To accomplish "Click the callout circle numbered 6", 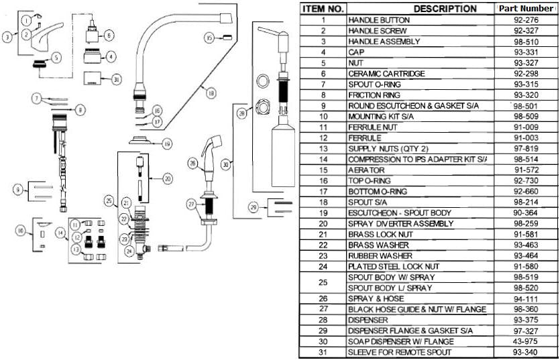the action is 109,36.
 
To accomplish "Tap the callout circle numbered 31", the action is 116,80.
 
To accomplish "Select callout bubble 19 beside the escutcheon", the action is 167,144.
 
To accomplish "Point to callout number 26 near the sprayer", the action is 193,164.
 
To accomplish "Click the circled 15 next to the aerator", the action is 210,38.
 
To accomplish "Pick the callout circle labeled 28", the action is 243,114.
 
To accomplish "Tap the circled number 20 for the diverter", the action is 168,178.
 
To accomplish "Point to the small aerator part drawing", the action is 227,38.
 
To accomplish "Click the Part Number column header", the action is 525,8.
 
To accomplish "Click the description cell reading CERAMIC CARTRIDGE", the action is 387,74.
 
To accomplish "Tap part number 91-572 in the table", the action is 526,170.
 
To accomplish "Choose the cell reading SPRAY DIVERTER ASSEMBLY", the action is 400,223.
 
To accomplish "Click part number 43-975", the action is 526,341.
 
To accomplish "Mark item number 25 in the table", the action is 323,282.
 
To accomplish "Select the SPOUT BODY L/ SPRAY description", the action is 390,288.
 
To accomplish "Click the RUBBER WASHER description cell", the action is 380,255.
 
